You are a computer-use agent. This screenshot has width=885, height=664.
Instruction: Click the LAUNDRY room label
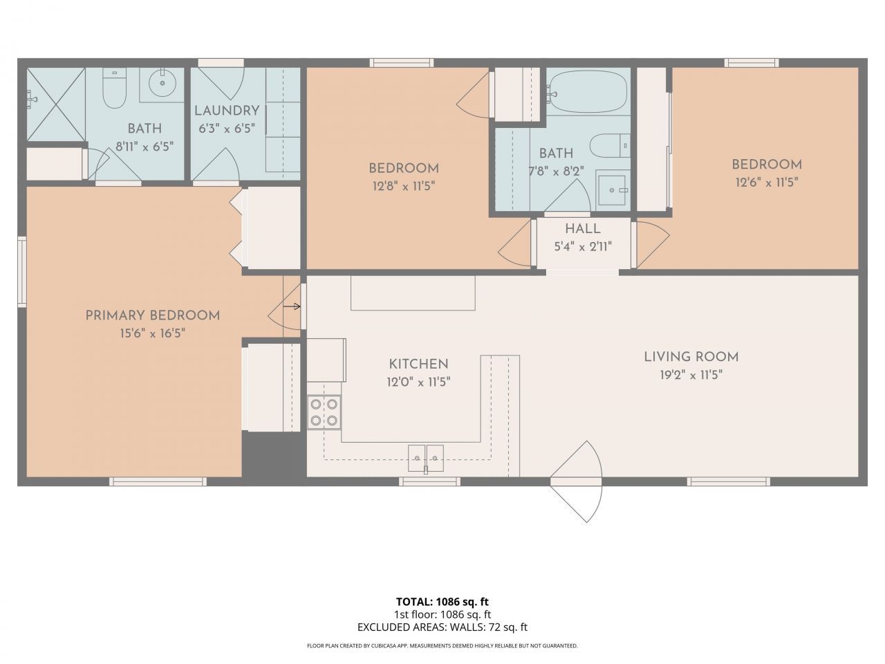(226, 111)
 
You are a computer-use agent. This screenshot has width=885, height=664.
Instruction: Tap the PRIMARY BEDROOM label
(152, 315)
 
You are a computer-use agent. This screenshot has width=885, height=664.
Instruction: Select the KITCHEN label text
(418, 364)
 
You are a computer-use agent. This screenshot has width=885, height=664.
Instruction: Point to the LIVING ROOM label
(691, 357)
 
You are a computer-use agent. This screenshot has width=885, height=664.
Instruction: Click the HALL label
(582, 229)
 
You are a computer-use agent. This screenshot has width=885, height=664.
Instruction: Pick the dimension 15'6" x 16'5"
(152, 333)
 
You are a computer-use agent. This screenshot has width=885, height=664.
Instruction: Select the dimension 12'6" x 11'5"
(767, 183)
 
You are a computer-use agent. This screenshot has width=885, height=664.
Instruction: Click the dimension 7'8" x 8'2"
(557, 170)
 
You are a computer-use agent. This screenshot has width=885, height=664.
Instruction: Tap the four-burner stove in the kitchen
(324, 412)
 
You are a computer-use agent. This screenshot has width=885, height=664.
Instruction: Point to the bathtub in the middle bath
(588, 90)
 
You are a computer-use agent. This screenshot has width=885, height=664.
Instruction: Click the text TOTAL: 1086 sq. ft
(442, 601)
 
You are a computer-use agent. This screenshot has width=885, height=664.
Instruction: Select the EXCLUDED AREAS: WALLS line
(442, 627)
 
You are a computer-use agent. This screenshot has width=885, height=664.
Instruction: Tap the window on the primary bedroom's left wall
(21, 271)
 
